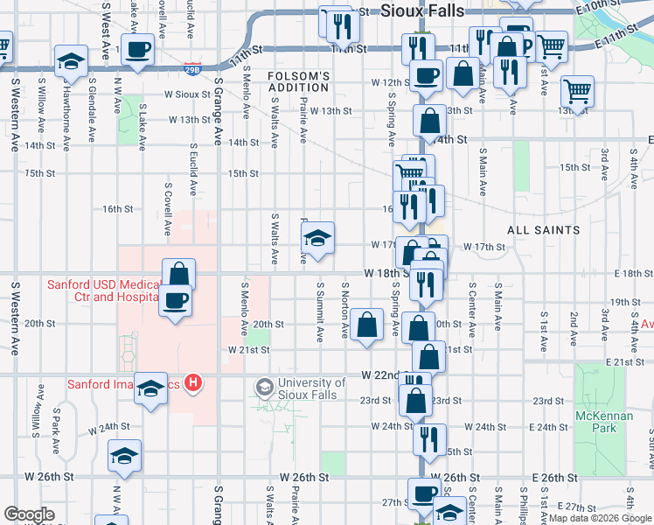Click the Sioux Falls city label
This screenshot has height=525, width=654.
point(423,10)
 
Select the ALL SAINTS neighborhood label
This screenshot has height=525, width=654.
point(545,230)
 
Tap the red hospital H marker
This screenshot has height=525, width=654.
point(195,382)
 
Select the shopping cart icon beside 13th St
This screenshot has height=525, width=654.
point(577,89)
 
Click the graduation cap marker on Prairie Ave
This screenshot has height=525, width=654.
point(317,236)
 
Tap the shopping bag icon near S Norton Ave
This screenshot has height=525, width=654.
point(368,324)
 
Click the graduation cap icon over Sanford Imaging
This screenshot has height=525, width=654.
point(151,388)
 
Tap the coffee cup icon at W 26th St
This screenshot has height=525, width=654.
point(425,493)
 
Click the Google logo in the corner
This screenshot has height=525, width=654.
point(30,514)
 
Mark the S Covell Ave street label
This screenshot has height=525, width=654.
point(167,210)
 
